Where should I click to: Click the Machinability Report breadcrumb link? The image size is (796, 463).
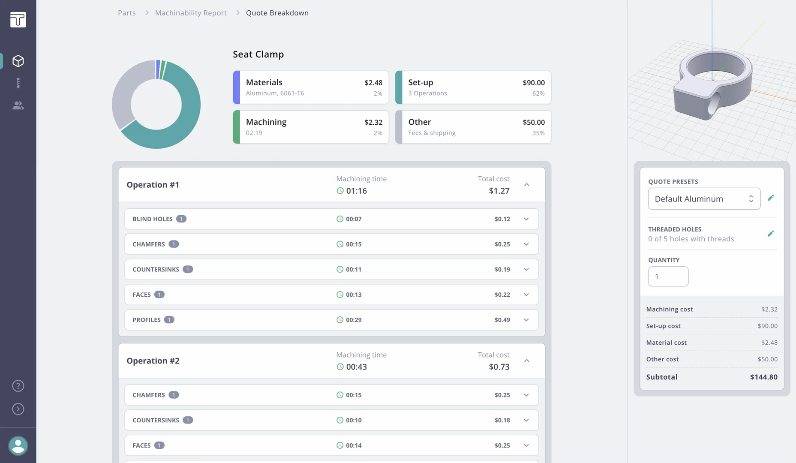coord(191,13)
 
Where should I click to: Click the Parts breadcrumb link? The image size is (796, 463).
coord(126,13)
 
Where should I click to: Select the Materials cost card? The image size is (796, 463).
coord(311,87)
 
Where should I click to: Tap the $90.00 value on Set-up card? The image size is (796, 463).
coord(533,83)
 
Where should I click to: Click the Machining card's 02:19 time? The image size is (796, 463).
coord(254,133)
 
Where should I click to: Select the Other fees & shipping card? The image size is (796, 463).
coord(473,127)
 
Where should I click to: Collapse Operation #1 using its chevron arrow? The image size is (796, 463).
coord(527,185)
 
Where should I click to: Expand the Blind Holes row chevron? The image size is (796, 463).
coord(526,219)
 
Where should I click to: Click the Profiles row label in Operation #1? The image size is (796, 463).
coord(147,320)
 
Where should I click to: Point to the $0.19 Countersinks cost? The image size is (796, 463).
coord(502,270)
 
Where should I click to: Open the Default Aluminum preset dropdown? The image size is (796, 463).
coord(704,199)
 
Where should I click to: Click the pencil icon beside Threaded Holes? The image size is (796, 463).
coord(770,234)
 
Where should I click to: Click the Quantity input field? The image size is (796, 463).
coord(668,277)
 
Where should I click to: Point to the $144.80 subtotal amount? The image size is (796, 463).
coord(763,377)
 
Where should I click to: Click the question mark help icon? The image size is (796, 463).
coord(18,386)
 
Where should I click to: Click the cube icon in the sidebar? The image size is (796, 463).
coord(18,61)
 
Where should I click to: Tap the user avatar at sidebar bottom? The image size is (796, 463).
coord(18,446)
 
